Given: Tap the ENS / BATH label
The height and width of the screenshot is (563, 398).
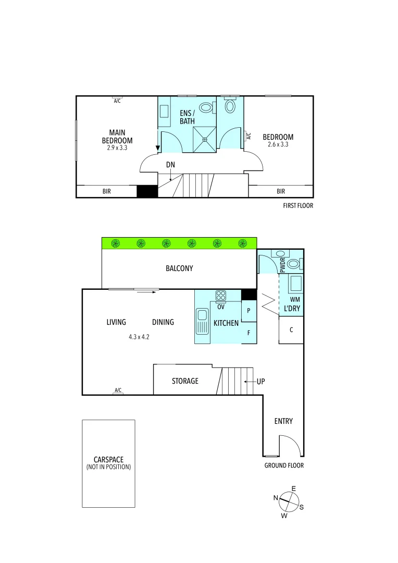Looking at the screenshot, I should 187,117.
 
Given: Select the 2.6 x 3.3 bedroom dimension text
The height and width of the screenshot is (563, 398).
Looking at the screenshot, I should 278,145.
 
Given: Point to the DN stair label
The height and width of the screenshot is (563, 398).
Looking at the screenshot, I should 170,165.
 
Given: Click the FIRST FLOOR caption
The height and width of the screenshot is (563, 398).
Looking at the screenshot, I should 298,206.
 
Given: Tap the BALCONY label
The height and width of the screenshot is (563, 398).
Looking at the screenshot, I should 179,268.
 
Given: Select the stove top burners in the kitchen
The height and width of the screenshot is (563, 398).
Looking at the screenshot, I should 221,296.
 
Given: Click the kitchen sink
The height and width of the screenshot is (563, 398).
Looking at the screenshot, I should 201,321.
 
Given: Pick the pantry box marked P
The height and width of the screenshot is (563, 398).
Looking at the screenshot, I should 249,311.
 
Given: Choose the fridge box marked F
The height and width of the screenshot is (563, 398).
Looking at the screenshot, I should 249,333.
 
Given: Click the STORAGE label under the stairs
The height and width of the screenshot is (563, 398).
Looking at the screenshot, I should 185,381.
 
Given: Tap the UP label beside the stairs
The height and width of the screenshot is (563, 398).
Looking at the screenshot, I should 260,382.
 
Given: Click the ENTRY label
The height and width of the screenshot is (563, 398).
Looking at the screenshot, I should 283,421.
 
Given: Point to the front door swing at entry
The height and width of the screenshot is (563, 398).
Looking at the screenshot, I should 289,446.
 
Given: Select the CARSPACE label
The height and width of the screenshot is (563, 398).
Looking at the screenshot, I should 108,460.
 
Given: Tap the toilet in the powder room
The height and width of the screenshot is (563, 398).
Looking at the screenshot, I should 294,264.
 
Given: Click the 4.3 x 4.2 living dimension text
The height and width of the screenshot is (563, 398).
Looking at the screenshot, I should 139,337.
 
